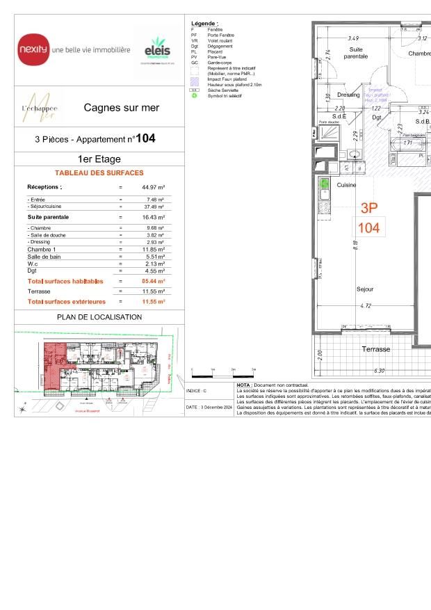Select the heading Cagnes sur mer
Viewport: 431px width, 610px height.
coord(121,108)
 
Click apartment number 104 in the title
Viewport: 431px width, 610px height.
coord(145,138)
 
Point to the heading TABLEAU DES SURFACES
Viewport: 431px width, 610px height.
coord(99,172)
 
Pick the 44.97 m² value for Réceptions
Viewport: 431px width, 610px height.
coord(153,187)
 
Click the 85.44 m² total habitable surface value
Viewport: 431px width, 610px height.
coord(153,281)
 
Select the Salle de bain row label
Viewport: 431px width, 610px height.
coord(45,257)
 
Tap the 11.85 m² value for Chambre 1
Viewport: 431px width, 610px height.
coord(153,249)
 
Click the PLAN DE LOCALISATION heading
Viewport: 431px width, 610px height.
coord(99,317)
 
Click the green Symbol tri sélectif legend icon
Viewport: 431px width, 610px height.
coord(195,95)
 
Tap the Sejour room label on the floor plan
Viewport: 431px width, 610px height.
coord(365,289)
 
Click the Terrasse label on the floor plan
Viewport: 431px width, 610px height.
coord(375,349)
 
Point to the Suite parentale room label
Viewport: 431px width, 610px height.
coord(359,53)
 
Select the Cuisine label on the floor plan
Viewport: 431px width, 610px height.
coord(347,186)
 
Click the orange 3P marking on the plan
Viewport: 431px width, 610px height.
coord(369,207)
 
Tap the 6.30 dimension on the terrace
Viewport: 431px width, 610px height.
coord(379,371)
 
